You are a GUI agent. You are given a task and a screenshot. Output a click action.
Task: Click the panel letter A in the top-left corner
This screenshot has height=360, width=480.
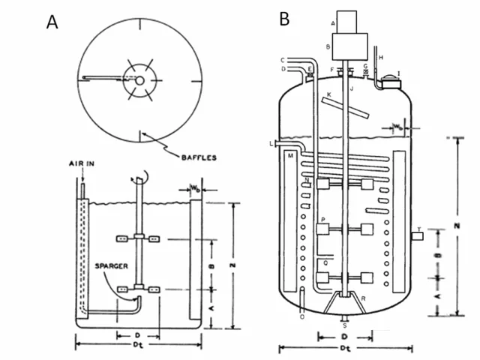(x=52, y=22)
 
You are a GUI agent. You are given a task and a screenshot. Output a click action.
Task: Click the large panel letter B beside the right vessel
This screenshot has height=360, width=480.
(x=284, y=19)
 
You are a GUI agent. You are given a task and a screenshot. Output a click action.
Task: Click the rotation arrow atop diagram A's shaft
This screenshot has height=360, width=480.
(x=141, y=178)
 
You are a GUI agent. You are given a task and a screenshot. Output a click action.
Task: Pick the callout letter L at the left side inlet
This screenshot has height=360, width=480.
(x=271, y=142)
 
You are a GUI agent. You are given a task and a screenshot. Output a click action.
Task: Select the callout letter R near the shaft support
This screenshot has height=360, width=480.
(x=364, y=299)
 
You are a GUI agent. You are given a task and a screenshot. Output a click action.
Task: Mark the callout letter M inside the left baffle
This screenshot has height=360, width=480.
(x=289, y=156)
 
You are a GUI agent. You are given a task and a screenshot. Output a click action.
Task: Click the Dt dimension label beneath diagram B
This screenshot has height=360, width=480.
(x=343, y=349)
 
